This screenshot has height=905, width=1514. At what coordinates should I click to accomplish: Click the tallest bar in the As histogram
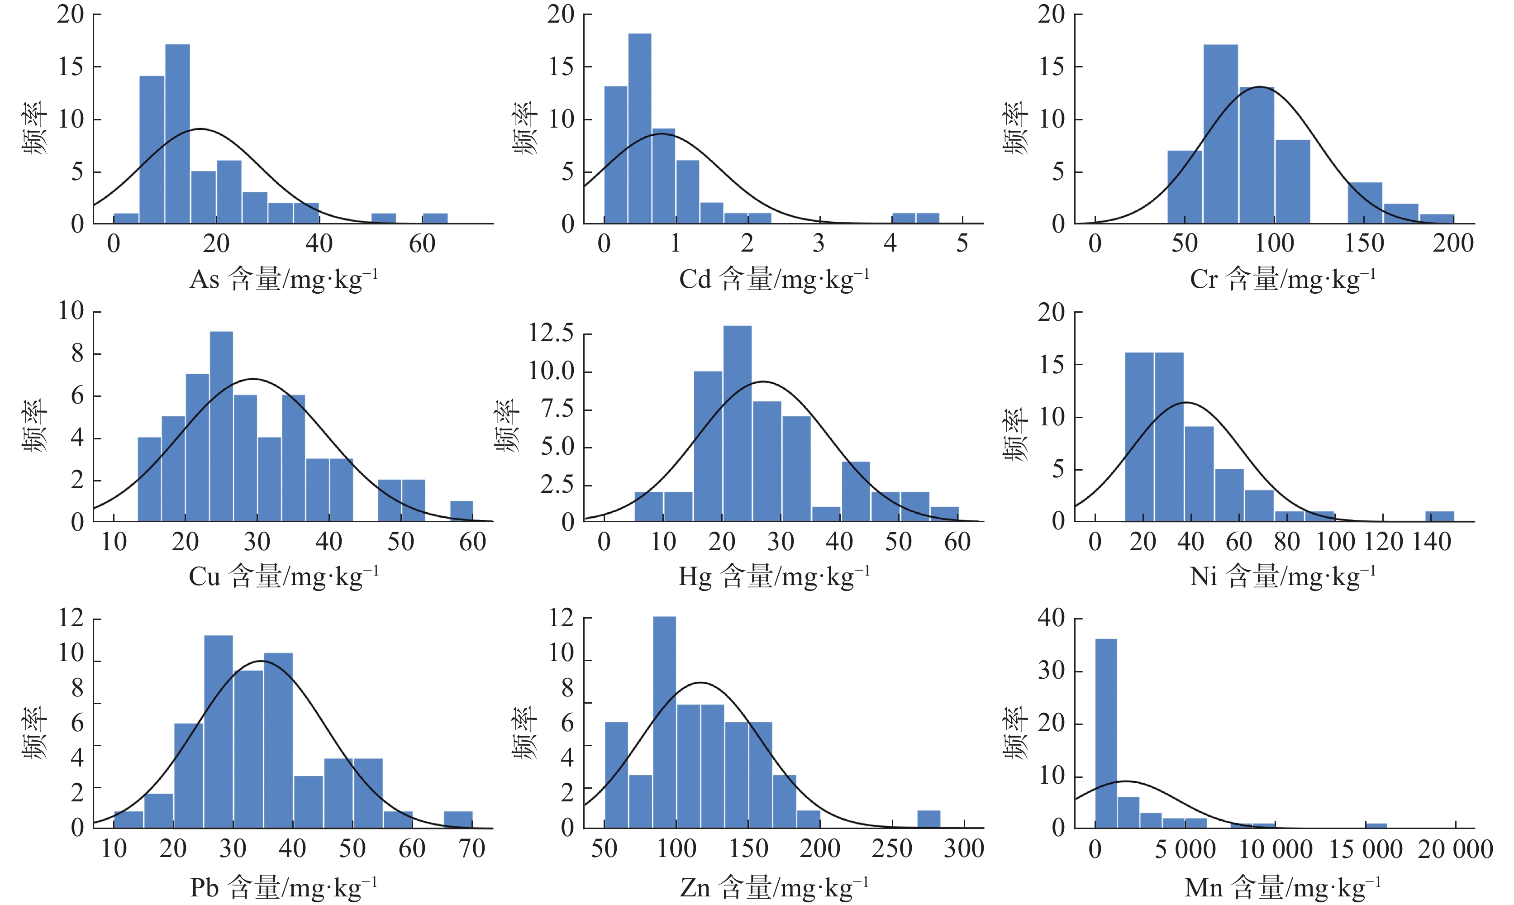click(177, 134)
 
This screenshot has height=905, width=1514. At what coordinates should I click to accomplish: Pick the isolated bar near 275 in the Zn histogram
click(928, 819)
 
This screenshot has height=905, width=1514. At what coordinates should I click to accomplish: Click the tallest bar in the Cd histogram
click(640, 129)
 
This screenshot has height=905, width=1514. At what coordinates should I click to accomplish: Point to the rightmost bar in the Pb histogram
click(458, 819)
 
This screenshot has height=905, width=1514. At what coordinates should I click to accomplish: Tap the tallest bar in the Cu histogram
click(221, 426)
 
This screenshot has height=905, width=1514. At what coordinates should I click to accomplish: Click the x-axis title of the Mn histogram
click(1282, 887)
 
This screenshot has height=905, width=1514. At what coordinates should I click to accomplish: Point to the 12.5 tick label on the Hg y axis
click(551, 333)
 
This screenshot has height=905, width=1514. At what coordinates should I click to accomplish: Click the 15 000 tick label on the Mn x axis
click(1365, 849)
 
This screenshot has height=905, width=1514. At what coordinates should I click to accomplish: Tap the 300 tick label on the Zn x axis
click(964, 848)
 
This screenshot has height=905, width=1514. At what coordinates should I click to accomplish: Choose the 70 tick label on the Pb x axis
click(472, 848)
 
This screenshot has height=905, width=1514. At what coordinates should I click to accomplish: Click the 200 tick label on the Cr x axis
click(1453, 243)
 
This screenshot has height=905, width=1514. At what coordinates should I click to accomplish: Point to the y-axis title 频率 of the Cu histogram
click(35, 426)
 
